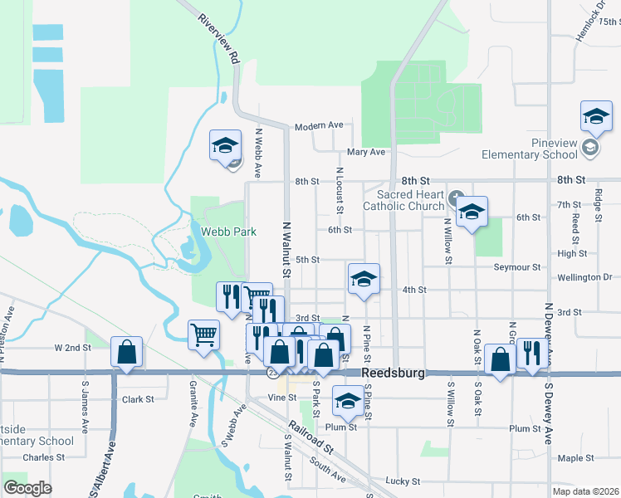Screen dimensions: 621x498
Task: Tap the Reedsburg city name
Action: click(394, 373)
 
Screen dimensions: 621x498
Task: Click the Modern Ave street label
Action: click(319, 125)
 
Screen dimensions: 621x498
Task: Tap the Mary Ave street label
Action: click(366, 152)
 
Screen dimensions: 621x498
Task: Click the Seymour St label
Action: click(516, 267)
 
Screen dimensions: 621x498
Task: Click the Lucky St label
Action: click(403, 481)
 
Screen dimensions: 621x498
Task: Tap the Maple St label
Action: click(576, 458)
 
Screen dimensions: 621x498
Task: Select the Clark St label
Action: click(138, 399)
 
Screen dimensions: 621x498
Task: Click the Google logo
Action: click(27, 488)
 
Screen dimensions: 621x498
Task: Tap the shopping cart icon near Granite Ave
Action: click(204, 334)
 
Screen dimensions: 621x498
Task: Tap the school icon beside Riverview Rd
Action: click(224, 145)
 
